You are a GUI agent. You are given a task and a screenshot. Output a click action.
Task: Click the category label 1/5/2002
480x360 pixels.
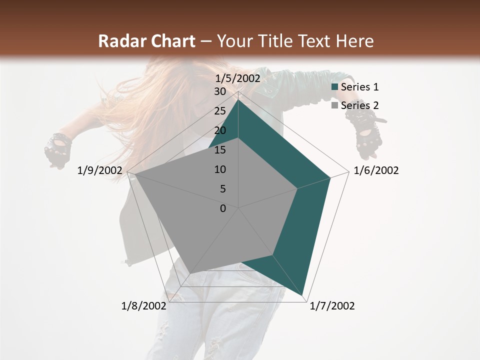point(238,78)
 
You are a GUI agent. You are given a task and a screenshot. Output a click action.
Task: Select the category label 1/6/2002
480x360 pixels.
point(376,170)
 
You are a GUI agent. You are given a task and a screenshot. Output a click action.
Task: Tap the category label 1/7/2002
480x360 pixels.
point(332,306)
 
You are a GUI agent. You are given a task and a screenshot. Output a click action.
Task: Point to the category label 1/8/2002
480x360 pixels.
point(143,306)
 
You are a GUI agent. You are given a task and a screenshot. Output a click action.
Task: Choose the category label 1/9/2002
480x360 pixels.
point(100,170)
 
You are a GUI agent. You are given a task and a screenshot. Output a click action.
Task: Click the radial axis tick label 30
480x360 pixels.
point(220,91)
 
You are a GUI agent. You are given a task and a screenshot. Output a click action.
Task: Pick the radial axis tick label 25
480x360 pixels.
point(220,111)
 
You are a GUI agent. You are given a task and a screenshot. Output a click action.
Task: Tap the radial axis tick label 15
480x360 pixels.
point(220,150)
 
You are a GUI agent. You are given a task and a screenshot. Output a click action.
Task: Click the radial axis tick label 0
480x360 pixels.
point(223,208)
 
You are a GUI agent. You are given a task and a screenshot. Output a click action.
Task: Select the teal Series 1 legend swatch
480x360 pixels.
point(334,87)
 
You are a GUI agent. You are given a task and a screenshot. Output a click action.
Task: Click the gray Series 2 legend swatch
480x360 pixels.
point(334,105)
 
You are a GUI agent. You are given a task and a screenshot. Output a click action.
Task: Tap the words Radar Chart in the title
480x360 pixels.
point(146,41)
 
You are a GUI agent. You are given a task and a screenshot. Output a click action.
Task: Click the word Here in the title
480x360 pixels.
point(355,41)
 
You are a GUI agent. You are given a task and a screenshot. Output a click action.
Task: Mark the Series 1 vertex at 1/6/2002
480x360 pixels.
point(330,177)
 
